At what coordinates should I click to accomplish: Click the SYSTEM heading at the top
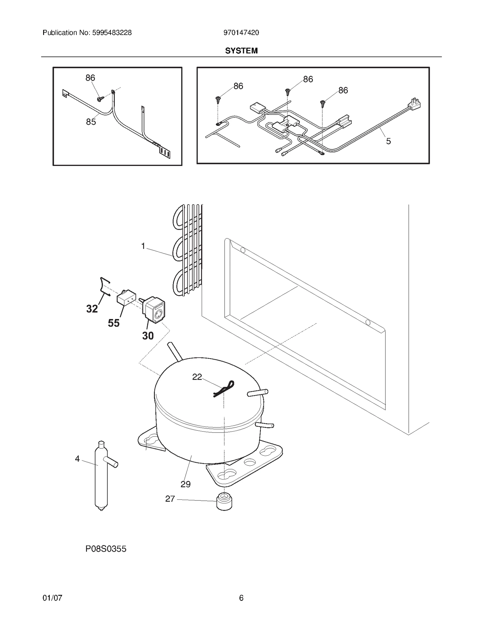point(241,51)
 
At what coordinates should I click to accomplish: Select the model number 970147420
point(241,33)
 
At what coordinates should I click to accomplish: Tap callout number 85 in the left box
point(91,122)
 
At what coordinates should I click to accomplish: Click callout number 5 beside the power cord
point(388,141)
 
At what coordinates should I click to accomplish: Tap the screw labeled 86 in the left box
point(100,99)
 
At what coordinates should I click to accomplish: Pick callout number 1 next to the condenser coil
point(143,246)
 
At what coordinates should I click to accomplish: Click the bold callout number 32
point(92,309)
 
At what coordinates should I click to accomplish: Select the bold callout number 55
point(114,323)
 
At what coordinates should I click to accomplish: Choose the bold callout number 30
point(148,336)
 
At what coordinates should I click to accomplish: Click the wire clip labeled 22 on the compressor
point(224,389)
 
